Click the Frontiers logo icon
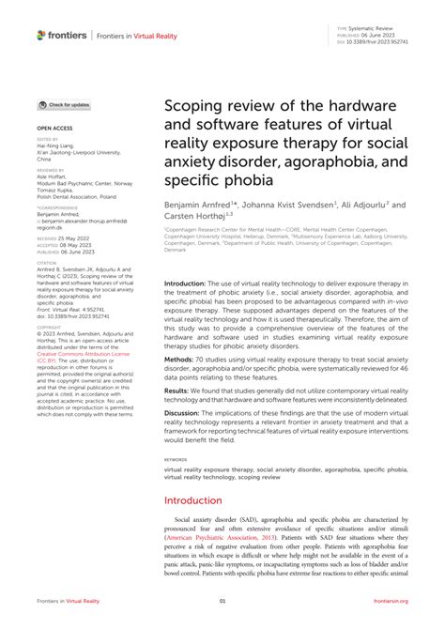tap(40, 35)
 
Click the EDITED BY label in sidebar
tap(48, 139)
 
